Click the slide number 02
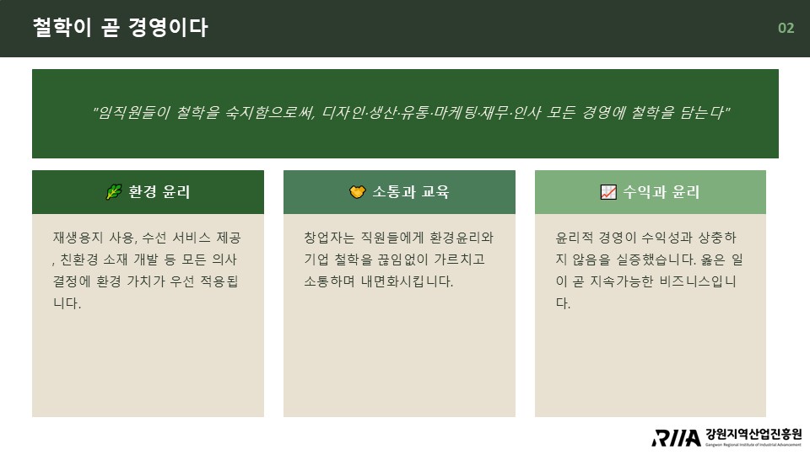(x=786, y=28)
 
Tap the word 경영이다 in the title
(x=169, y=27)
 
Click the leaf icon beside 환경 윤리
(x=114, y=192)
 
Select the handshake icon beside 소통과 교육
(x=358, y=192)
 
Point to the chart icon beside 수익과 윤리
(x=608, y=192)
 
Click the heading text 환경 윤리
(x=159, y=192)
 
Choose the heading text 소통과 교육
(x=411, y=192)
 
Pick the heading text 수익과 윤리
(x=661, y=192)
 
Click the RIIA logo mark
(x=676, y=438)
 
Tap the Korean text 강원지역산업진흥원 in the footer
(x=753, y=435)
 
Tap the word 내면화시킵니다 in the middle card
(x=406, y=281)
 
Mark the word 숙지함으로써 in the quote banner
(x=270, y=112)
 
